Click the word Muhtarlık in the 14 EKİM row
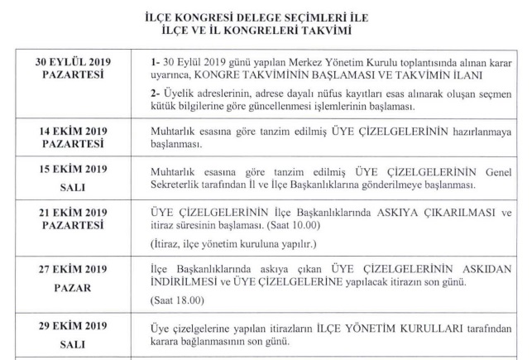click(x=174, y=131)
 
